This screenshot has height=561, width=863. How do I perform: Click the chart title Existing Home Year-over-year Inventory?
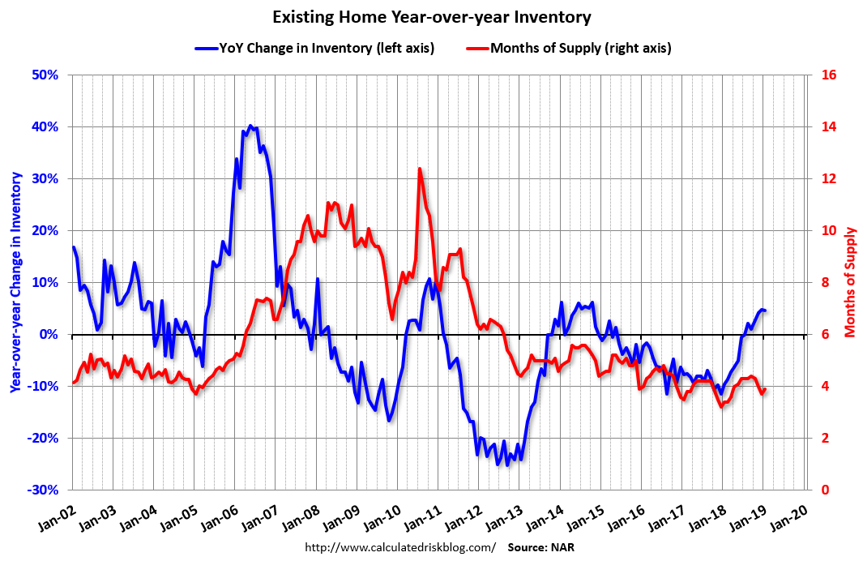(431, 17)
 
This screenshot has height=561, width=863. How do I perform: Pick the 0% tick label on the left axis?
(51, 334)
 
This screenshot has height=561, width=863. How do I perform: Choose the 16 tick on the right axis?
(830, 75)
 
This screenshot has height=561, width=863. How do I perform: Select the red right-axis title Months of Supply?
(850, 282)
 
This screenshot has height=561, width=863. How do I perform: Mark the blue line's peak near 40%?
(250, 126)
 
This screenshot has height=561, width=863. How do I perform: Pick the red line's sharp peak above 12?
(420, 169)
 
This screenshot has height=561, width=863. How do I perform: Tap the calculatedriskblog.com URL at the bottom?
(399, 547)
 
